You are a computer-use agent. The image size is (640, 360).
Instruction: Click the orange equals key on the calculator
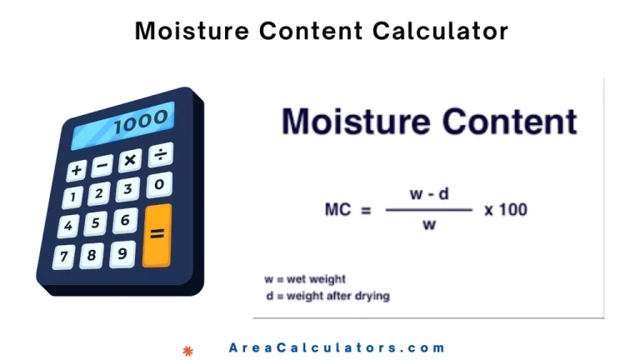pos(157,236)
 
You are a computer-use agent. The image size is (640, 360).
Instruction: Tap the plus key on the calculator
pos(77,170)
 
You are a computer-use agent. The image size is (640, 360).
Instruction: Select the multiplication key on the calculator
pos(130,160)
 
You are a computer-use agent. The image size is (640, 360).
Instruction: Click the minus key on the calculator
pos(102,165)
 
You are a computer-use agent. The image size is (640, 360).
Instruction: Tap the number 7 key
pos(64,257)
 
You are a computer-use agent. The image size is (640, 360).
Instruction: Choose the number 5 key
pos(96,222)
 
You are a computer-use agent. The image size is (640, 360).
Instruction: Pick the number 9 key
pos(122,254)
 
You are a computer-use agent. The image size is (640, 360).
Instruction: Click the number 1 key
pos(73,197)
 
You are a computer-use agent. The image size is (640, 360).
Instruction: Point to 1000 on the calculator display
pos(141,121)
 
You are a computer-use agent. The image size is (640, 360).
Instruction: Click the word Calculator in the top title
pos(440,31)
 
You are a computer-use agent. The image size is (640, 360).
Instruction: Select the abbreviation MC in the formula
pos(338,210)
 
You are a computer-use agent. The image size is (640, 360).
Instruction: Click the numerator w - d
pos(429,193)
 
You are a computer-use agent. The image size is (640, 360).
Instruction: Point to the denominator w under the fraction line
pos(429,224)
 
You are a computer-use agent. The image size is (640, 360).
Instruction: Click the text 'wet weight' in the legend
pos(316,279)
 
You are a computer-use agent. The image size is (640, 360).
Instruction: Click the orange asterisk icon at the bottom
pos(187,351)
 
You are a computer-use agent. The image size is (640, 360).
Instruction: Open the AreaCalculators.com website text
pos(337,347)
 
